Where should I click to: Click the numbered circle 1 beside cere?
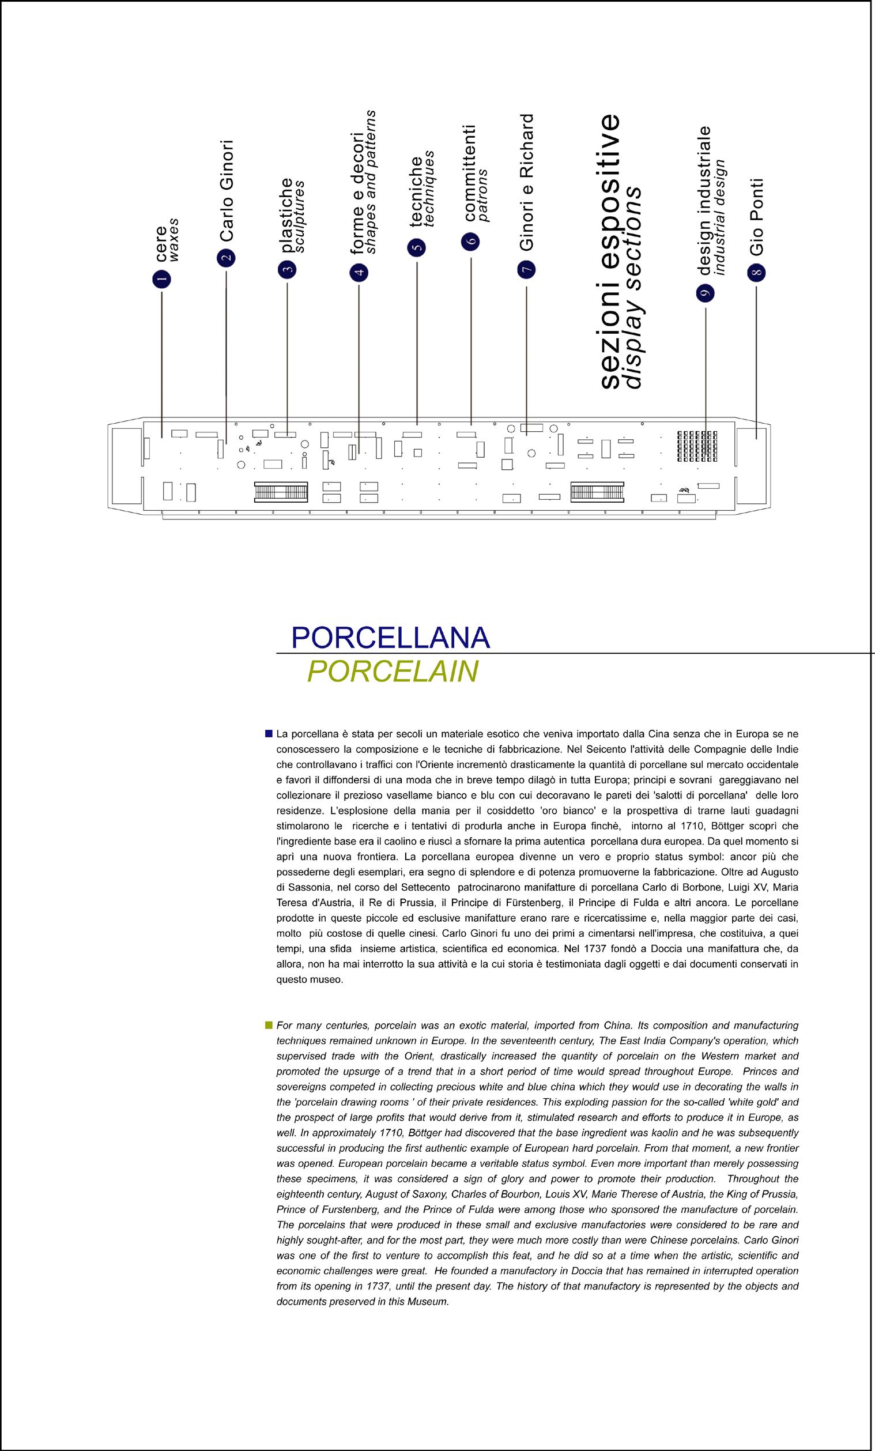[161, 278]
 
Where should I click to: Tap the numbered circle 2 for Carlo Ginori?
[226, 258]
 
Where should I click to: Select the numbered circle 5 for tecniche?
[416, 247]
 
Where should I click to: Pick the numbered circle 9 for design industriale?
[705, 293]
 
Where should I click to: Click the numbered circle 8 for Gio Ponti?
[756, 273]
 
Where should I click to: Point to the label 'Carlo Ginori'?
[227, 191]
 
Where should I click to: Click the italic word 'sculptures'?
[300, 217]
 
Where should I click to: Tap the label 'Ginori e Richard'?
[526, 182]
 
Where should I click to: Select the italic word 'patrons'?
[483, 195]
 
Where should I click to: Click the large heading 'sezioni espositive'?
[608, 251]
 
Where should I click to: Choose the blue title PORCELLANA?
[390, 638]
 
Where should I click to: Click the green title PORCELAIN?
[392, 672]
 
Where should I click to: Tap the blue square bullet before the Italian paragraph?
[269, 734]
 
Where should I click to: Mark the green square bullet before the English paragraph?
[269, 1025]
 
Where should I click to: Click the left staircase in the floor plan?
[281, 492]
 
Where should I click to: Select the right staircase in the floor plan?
[597, 492]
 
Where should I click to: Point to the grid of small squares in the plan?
[697, 446]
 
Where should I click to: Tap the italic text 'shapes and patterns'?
[371, 182]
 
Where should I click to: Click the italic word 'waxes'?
[174, 240]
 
